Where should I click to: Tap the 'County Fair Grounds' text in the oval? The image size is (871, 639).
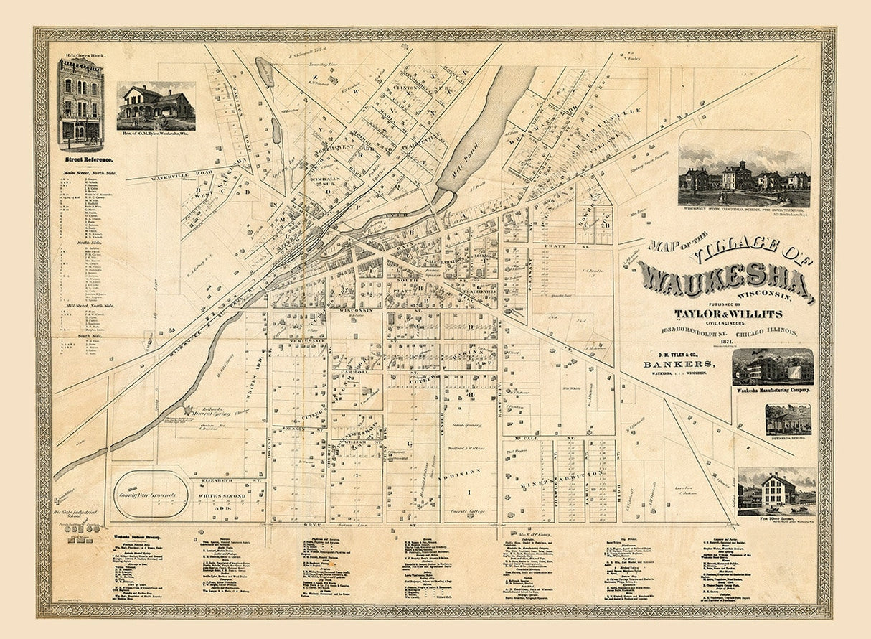[151, 494]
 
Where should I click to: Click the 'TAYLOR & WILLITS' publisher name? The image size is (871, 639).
[728, 314]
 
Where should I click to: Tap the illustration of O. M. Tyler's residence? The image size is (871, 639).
[156, 105]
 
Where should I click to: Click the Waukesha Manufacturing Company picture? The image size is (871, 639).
[773, 367]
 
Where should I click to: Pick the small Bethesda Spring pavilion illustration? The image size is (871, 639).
[788, 419]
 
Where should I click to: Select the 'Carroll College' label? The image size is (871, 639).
[469, 512]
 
